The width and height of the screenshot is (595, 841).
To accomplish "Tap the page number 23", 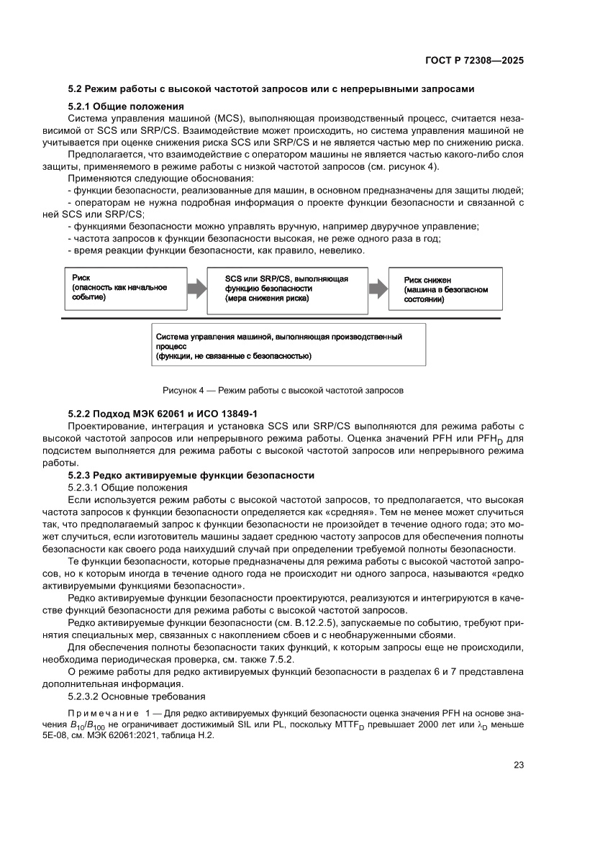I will point(517,765).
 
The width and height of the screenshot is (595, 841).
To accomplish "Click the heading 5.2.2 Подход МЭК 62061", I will point(163,414).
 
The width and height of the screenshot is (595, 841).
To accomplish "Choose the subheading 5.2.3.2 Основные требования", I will point(137,696).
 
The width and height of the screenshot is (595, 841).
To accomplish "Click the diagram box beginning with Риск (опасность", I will point(125,288).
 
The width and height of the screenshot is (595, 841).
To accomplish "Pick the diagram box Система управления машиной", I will point(288,345).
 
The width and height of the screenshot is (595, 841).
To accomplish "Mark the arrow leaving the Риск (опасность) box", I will point(196,289).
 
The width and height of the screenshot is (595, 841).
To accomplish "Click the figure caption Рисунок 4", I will point(283,391).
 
